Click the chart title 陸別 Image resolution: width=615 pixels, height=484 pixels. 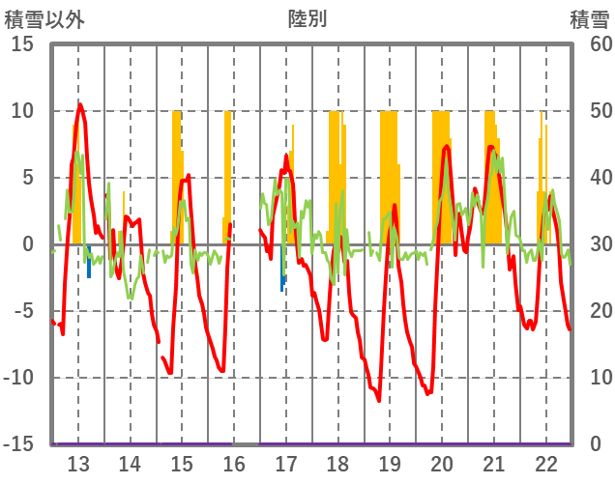click(x=307, y=18)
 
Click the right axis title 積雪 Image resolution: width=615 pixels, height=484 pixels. click(x=589, y=18)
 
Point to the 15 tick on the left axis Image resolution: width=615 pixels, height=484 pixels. click(x=22, y=44)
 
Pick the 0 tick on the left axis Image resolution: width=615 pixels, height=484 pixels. click(x=28, y=244)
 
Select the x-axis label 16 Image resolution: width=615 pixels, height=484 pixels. click(x=234, y=464)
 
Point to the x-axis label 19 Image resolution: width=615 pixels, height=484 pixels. click(x=390, y=464)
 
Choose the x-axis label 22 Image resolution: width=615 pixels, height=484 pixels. click(x=546, y=464)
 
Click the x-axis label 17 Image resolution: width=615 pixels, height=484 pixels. click(x=286, y=464)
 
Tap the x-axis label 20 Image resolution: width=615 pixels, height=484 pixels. click(x=442, y=464)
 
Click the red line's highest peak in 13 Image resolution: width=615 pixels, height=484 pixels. click(x=80, y=104)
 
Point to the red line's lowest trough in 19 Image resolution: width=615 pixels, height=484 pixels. click(x=379, y=400)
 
